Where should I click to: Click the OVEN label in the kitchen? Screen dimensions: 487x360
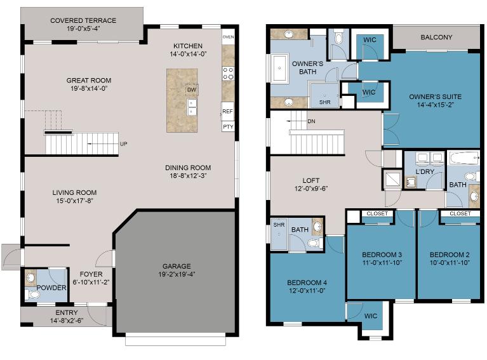click(228, 37)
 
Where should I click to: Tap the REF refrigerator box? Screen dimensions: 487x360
click(228, 111)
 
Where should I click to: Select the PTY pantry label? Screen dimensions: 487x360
click(228, 127)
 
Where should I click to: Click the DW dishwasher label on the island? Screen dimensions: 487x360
click(192, 90)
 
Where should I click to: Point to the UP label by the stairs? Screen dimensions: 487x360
click(123, 144)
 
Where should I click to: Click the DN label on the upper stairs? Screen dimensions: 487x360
click(311, 121)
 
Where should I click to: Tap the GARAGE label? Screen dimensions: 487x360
click(177, 266)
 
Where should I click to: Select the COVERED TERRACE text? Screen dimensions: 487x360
click(83, 20)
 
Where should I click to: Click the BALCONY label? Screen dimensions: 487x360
click(436, 37)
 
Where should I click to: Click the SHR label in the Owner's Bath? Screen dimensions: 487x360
click(324, 102)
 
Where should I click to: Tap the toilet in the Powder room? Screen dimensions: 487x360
click(32, 295)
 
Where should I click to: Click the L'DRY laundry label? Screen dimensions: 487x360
click(425, 172)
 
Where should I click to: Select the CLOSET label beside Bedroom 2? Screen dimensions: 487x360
click(460, 214)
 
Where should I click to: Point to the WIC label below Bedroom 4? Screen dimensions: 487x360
click(371, 316)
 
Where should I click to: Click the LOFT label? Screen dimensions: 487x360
click(311, 180)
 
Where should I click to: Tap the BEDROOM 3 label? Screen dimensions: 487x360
click(382, 255)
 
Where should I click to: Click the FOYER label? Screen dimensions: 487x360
click(91, 274)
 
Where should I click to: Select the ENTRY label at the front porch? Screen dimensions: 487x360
click(67, 313)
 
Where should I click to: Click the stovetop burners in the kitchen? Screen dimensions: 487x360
click(228, 73)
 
